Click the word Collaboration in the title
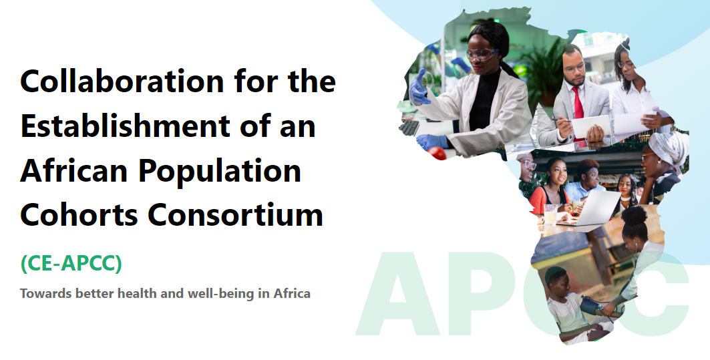[122, 81]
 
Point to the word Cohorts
[79, 214]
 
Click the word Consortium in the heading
[236, 214]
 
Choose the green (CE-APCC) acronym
[71, 263]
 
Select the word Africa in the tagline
[292, 293]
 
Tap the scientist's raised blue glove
[419, 86]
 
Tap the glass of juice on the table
[550, 215]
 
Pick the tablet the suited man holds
[591, 126]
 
